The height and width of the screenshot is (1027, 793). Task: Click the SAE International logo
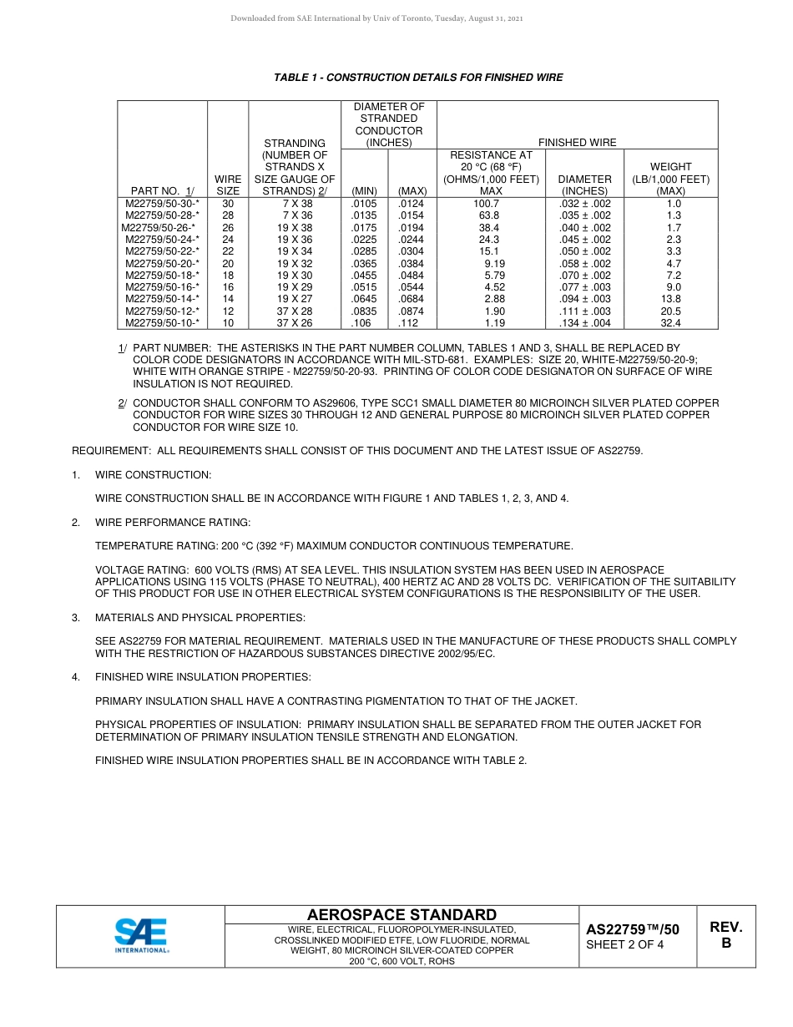[142, 936]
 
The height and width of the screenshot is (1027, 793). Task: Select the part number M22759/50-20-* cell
[162, 263]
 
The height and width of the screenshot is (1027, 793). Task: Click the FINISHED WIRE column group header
[577, 143]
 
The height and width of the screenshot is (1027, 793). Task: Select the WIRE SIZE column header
[228, 185]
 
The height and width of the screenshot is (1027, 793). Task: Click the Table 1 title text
[418, 78]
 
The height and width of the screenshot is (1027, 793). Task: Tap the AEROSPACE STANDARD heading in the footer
[402, 915]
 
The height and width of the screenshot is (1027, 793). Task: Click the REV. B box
[725, 935]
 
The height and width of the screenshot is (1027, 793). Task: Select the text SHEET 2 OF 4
[624, 945]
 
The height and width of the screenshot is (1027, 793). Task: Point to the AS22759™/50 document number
[632, 929]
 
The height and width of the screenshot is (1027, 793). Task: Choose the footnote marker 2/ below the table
[122, 403]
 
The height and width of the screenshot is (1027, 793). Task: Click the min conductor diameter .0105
[364, 204]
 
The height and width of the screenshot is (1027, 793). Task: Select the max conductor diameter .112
[408, 322]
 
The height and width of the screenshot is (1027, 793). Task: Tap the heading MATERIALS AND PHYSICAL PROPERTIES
[200, 618]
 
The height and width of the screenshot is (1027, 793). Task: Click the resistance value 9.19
[494, 263]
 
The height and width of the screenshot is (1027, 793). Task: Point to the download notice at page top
[376, 18]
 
